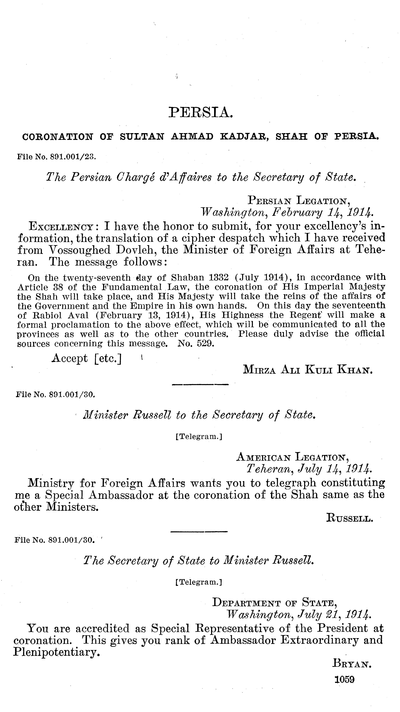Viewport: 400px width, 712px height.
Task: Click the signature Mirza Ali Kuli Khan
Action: pyautogui.click(x=308, y=370)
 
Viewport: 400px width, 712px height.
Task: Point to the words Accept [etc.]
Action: pyautogui.click(x=87, y=358)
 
